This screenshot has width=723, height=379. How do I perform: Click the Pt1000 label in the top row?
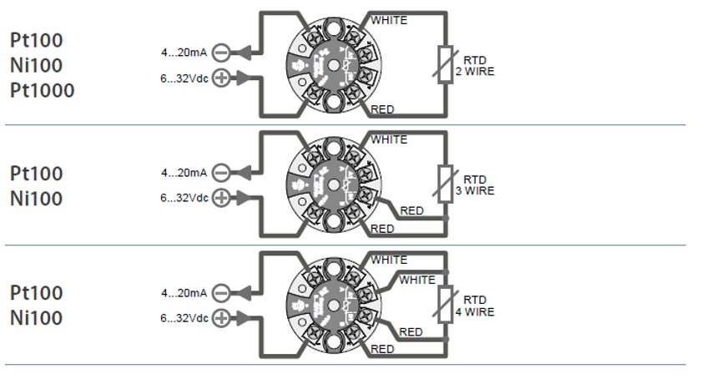pos(42,90)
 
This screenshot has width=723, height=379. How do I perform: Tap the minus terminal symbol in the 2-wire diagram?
pos(221,53)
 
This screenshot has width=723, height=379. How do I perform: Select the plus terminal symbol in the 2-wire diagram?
pos(221,78)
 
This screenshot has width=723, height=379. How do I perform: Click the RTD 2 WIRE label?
pos(474,67)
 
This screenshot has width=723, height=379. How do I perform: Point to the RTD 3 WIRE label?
pos(474,184)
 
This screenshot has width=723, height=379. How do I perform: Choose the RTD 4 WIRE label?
pos(474,306)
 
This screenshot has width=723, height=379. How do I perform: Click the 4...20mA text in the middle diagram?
pos(184,173)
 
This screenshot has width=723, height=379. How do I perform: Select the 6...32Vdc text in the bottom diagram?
pos(184,318)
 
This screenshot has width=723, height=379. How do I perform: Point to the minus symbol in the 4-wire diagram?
pos(221,293)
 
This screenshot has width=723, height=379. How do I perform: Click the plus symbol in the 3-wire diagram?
pos(221,198)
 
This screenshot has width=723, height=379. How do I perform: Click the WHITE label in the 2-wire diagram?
pos(389,20)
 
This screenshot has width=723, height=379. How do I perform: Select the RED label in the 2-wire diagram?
pos(382,109)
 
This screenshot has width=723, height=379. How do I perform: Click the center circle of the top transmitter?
pos(333,64)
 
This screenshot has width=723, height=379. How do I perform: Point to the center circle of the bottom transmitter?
pos(333,303)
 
